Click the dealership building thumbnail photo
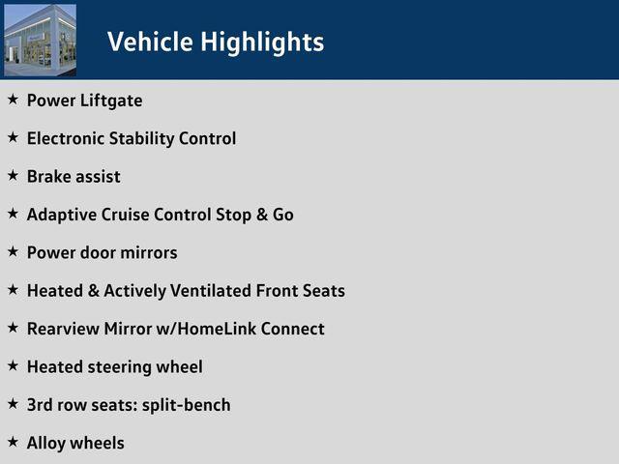pos(40,40)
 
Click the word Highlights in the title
pos(262,42)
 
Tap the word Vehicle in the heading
pos(150,41)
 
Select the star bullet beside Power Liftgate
pos(13,100)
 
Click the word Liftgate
pos(111,101)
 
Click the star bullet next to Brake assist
pos(13,176)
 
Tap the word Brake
pos(48,176)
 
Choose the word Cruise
pos(125,215)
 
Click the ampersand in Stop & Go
pos(262,215)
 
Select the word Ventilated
pos(211,291)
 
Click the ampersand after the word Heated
pos(94,291)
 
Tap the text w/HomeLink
pos(206,329)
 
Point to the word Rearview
pos(63,329)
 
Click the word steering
pos(120,367)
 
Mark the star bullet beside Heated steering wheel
pos(13,365)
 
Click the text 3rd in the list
pos(40,405)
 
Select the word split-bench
pos(187,406)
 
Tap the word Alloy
pos(46,444)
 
